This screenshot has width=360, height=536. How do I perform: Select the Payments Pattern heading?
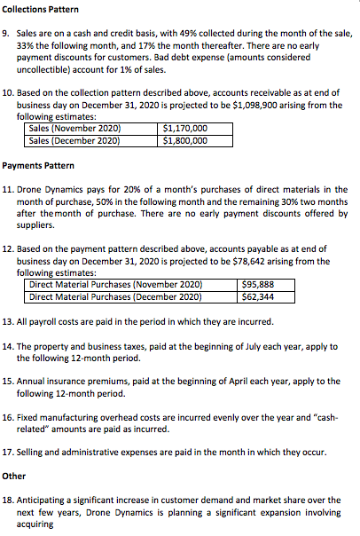[40, 166]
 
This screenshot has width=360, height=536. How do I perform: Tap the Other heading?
[14, 476]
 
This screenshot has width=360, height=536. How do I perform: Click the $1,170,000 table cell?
[185, 128]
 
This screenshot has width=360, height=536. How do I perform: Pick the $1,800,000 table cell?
[185, 139]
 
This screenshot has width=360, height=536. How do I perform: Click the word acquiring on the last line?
[35, 524]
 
